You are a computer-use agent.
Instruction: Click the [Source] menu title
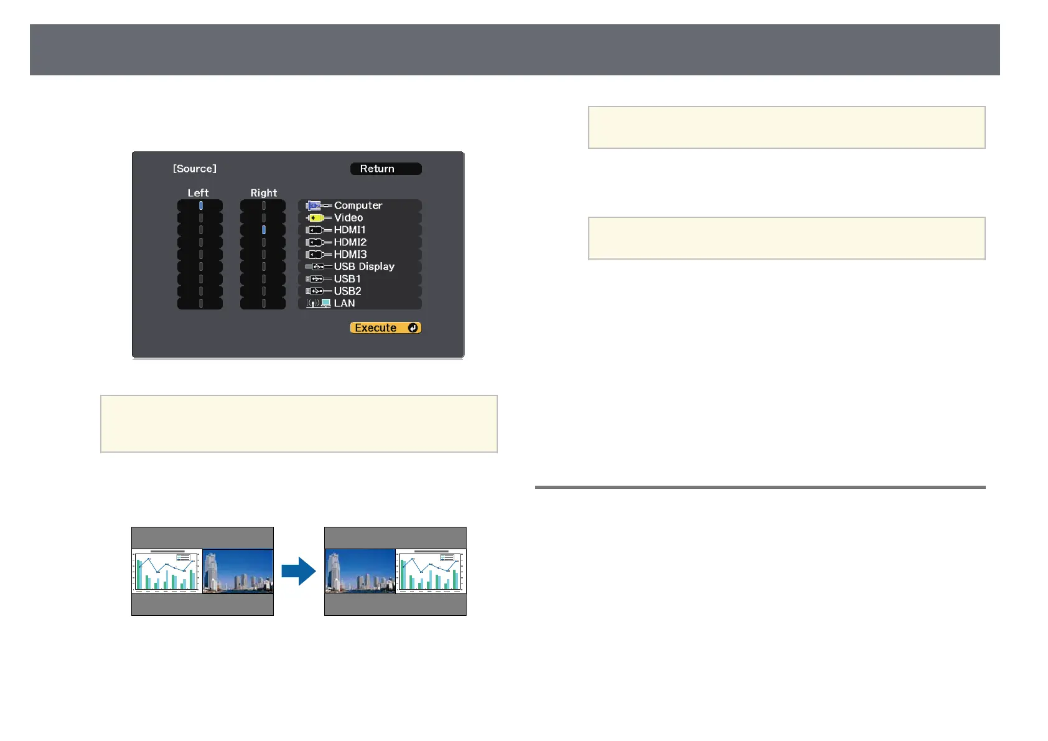pos(195,169)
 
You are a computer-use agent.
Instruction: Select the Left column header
pos(198,193)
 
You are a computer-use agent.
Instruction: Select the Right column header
pos(263,193)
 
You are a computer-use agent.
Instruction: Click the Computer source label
pos(358,205)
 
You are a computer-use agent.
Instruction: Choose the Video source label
pos(349,218)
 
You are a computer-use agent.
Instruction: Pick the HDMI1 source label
pos(350,230)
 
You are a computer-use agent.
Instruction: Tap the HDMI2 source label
pos(350,242)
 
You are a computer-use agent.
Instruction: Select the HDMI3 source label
pos(350,254)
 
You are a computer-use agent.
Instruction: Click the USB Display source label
pos(364,267)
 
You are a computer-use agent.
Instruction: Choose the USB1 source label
pos(347,279)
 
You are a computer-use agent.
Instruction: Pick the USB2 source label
pos(347,291)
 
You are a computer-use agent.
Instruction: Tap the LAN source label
pos(344,303)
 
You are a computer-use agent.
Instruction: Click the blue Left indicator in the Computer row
pos(200,205)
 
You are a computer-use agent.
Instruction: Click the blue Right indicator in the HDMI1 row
pos(264,230)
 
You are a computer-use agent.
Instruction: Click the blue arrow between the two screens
pos(299,571)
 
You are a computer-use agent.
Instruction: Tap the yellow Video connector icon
pos(316,218)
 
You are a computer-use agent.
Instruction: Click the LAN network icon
pos(319,303)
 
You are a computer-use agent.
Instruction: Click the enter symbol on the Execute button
pos(413,328)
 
